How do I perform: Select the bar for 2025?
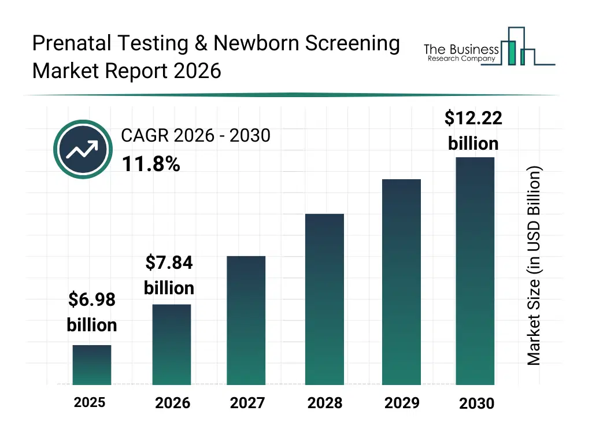92,365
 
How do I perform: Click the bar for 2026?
172,345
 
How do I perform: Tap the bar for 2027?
246,320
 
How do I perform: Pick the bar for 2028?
324,299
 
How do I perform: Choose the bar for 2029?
401,282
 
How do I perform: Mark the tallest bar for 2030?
475,271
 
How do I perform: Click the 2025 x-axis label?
90,402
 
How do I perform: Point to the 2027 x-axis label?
247,403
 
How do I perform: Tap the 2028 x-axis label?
325,403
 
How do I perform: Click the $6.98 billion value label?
92,312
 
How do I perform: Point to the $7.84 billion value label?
169,275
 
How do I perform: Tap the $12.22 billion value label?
473,131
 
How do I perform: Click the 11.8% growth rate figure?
151,165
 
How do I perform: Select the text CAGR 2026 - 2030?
195,135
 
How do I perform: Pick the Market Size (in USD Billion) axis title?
534,266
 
